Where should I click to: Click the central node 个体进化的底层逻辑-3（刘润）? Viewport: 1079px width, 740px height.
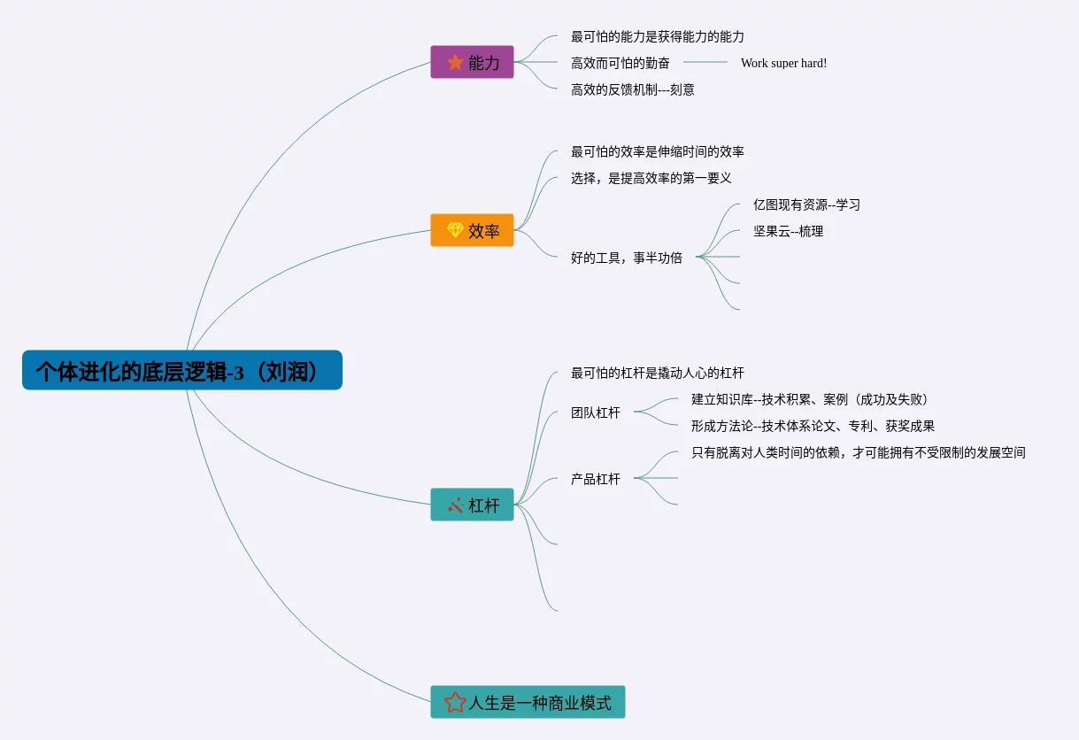[x=181, y=370]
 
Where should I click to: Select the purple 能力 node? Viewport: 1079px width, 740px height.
[x=472, y=62]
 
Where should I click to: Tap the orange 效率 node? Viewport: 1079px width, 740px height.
[x=472, y=230]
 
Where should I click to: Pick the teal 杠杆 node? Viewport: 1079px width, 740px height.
[x=472, y=505]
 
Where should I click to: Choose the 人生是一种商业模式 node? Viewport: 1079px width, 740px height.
[x=528, y=702]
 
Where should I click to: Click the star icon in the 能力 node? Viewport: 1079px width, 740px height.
[x=455, y=62]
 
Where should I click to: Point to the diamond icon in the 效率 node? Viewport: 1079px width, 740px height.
[x=455, y=230]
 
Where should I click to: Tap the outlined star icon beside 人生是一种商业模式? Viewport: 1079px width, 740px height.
[x=455, y=702]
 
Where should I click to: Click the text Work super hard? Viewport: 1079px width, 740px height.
[x=783, y=63]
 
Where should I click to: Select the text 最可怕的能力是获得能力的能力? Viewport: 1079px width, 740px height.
[x=658, y=37]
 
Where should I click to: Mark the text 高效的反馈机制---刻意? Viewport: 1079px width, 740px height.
[x=633, y=89]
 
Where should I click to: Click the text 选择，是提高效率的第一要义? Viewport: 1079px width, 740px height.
[x=651, y=178]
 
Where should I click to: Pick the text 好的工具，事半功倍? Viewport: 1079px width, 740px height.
[x=627, y=258]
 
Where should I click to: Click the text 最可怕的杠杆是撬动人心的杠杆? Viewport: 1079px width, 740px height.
[x=658, y=373]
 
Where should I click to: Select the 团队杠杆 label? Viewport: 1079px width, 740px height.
[x=596, y=412]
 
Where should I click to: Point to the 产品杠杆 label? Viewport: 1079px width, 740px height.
[x=596, y=479]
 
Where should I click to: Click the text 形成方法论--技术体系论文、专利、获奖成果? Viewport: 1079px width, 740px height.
[x=813, y=426]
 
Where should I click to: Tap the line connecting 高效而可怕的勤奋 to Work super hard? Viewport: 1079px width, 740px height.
[x=705, y=63]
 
